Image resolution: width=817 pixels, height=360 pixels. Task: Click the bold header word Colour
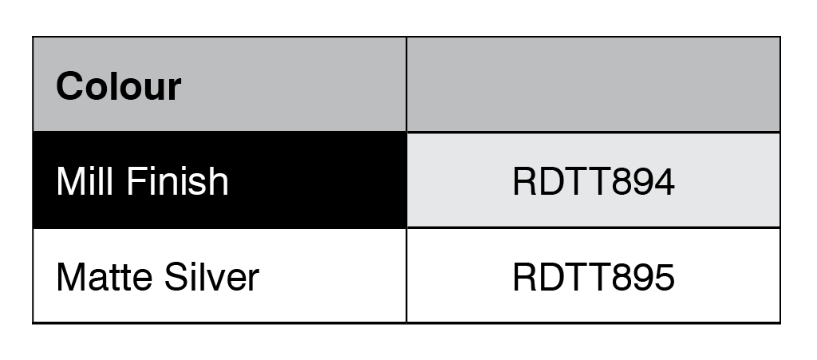tap(118, 86)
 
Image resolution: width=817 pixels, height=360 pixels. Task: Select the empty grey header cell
tap(593, 85)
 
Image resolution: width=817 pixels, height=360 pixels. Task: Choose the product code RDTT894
tap(594, 182)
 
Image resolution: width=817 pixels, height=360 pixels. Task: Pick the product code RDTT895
tap(594, 277)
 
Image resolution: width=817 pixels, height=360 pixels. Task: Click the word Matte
tap(102, 277)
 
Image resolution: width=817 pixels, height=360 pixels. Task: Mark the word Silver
tap(211, 277)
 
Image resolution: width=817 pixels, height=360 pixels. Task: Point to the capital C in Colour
tap(71, 86)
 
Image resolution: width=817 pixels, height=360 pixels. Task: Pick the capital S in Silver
tap(175, 277)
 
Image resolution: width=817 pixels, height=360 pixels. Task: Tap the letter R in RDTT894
tap(524, 182)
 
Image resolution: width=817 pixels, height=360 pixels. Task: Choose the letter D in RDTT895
tap(552, 277)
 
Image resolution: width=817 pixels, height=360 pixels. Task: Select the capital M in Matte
tap(70, 277)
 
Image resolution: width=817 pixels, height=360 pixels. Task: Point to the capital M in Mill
tap(70, 181)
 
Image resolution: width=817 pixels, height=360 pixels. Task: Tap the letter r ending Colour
tap(174, 89)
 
